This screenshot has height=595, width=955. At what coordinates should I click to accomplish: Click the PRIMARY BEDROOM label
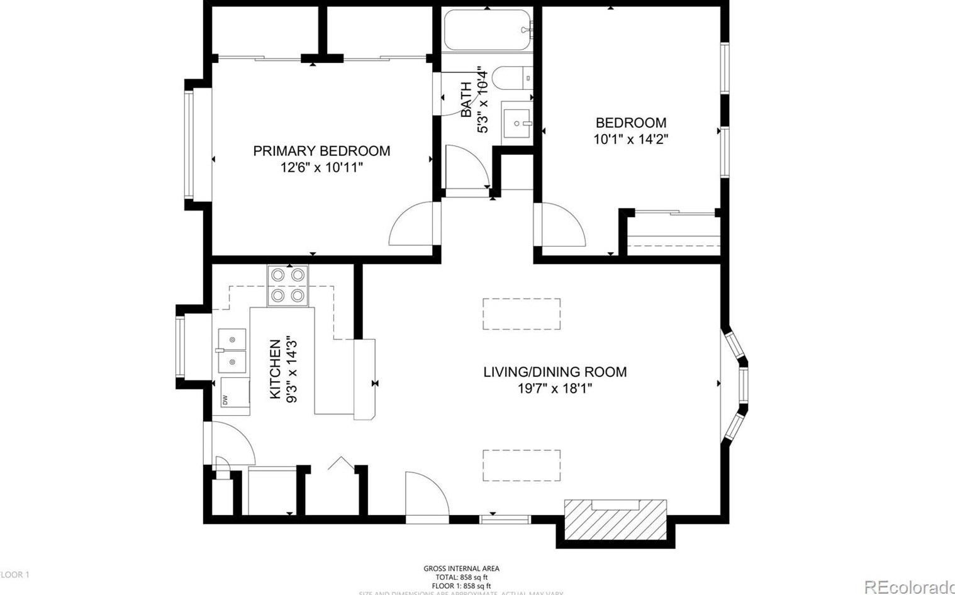click(x=321, y=151)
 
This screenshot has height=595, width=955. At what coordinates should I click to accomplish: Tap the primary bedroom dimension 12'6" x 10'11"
click(x=321, y=167)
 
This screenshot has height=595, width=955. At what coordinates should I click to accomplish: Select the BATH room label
click(x=466, y=99)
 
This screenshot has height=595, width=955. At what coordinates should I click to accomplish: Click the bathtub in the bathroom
click(x=488, y=30)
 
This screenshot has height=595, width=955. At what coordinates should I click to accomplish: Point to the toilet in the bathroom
click(x=511, y=78)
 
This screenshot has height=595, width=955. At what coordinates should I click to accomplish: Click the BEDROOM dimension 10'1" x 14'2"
click(x=630, y=139)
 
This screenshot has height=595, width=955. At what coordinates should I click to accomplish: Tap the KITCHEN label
click(x=276, y=369)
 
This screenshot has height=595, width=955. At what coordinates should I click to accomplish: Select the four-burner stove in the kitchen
click(x=288, y=285)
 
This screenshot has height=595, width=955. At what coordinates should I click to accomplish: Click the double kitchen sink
click(x=232, y=350)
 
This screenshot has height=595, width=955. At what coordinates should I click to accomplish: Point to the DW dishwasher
click(x=234, y=396)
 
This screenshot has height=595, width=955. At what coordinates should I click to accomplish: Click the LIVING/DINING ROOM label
click(x=555, y=372)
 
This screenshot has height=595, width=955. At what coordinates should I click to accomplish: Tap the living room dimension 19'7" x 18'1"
click(x=555, y=389)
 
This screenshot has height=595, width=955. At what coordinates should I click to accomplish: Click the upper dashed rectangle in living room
click(x=522, y=314)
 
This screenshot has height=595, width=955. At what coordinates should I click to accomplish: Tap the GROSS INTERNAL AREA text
click(x=461, y=569)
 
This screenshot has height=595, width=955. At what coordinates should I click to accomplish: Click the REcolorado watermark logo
click(x=909, y=587)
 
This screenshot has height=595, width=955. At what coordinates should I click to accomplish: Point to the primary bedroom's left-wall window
click(x=189, y=145)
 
